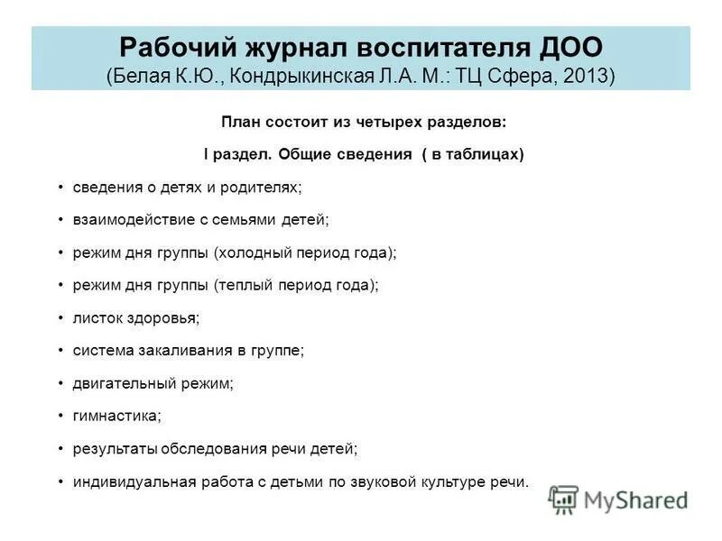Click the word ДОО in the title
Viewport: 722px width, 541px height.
pos(563,46)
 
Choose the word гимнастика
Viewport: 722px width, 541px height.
pos(116,416)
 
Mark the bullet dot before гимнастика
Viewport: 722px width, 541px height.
pos(60,416)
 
